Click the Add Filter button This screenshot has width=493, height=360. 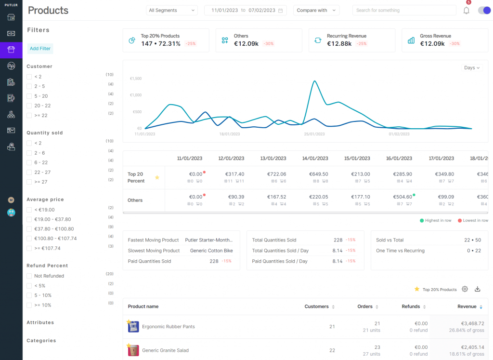pos(40,49)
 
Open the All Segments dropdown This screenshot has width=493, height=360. pos(171,10)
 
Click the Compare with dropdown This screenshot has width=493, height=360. pos(316,10)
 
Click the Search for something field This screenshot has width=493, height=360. pos(403,10)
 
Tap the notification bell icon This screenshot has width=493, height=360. pos(466,11)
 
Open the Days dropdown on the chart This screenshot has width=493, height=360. pos(471,68)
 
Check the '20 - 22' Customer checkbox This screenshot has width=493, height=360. pos(29,106)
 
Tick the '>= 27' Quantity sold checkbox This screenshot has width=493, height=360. pos(29,182)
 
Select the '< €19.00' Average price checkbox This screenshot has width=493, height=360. pos(29,210)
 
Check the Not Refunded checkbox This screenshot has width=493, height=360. pos(29,276)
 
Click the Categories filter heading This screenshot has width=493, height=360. pos(41,341)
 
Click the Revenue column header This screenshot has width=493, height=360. pos(467,307)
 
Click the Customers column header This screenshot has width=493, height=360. pos(316,307)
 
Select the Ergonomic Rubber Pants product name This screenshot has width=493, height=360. pos(169,327)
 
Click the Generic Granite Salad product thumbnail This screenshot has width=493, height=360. pos(133,350)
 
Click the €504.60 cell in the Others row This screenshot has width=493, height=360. pos(402,197)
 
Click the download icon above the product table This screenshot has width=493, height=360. pos(478,289)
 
